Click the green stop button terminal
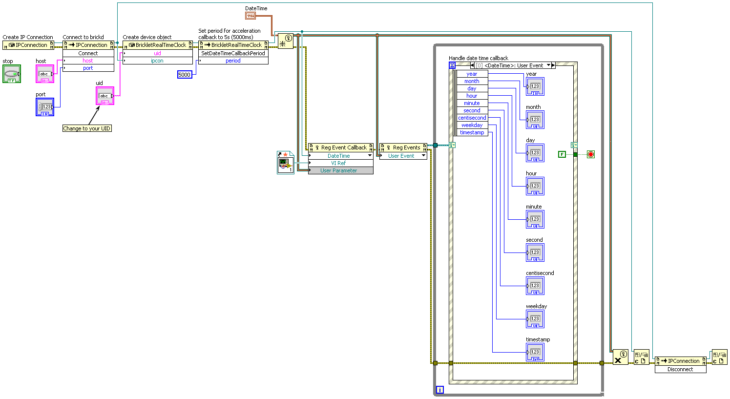pos(12,74)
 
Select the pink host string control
pos(45,74)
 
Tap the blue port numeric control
pos(45,107)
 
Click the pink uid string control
pos(105,96)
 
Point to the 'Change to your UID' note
pos(87,128)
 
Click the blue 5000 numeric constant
pos(185,75)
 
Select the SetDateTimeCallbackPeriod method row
pos(233,53)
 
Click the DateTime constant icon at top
pos(250,15)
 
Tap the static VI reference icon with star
pos(286,163)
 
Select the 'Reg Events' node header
pos(403,147)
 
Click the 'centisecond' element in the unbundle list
pos(472,118)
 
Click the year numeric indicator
pos(535,86)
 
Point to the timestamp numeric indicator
pos(535,352)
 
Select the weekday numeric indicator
pos(535,319)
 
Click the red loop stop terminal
pos(591,154)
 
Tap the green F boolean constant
pos(562,154)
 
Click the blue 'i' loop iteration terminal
pos(439,390)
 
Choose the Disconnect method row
pos(681,369)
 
